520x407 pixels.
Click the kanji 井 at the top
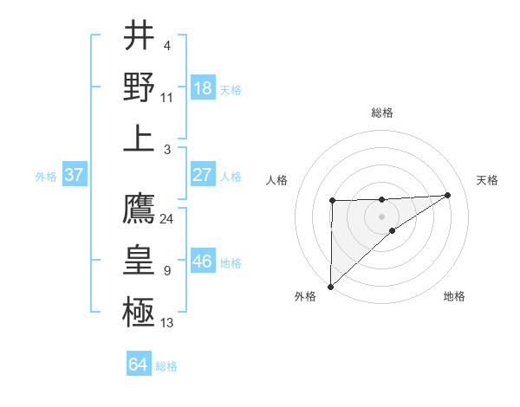(x=139, y=36)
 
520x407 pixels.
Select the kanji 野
(x=139, y=87)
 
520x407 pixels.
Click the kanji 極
(x=139, y=310)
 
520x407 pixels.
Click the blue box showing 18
(x=203, y=88)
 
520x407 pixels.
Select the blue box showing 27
(x=203, y=175)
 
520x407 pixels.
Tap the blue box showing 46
(x=203, y=262)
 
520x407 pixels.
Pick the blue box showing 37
(x=74, y=175)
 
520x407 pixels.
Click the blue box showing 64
(x=138, y=365)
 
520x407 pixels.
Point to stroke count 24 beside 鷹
(x=167, y=218)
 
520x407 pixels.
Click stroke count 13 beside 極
(x=167, y=323)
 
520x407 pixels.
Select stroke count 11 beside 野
(x=167, y=97)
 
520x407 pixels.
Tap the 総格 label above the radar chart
(x=382, y=113)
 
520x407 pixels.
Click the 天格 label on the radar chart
(x=487, y=180)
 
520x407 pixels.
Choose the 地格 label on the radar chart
(x=454, y=296)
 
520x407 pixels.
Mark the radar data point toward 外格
(x=330, y=285)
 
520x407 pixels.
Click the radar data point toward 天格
(x=448, y=195)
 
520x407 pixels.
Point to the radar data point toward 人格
(x=332, y=201)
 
